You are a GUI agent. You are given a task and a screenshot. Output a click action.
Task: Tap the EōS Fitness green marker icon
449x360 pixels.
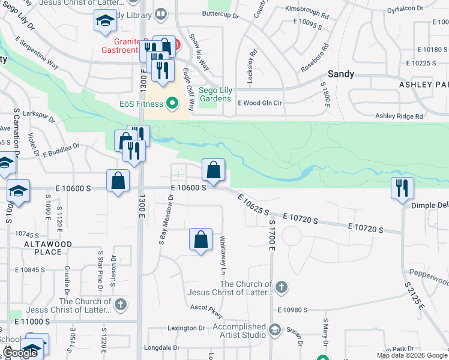click(x=173, y=104)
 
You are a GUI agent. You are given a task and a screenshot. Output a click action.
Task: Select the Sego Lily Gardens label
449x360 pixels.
click(x=215, y=94)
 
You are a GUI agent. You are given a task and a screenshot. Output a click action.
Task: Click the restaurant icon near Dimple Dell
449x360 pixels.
click(x=402, y=188)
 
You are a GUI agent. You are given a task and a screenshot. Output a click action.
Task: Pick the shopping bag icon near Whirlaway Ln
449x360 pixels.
click(x=201, y=239)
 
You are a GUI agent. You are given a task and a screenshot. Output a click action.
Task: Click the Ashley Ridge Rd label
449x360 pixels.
click(x=399, y=116)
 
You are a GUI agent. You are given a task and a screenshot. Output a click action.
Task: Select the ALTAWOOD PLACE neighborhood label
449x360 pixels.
click(x=48, y=248)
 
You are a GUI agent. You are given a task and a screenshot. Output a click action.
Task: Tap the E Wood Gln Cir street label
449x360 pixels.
click(x=260, y=103)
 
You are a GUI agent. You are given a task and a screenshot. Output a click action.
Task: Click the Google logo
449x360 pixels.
click(x=20, y=353)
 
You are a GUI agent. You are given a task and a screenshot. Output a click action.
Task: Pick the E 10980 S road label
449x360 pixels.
click(x=292, y=310)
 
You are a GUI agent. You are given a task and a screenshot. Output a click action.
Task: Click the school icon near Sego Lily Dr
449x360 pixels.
click(x=105, y=21)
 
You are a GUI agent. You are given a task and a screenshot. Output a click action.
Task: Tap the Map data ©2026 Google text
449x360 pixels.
click(x=411, y=355)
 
